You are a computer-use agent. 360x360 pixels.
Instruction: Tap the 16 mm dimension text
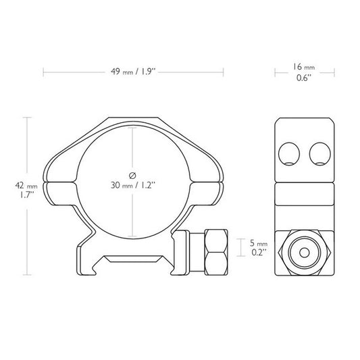point(302,68)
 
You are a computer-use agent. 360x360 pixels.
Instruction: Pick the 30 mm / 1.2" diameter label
point(133,184)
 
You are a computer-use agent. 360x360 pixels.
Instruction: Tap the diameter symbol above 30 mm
point(132,172)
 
